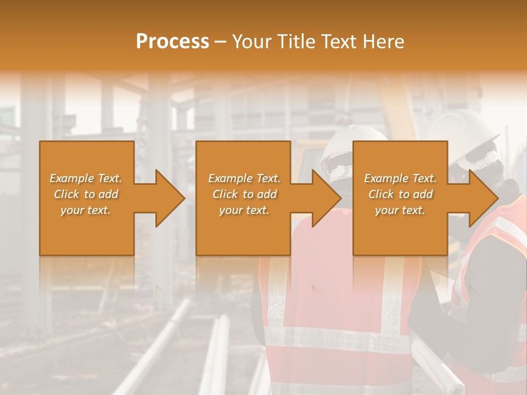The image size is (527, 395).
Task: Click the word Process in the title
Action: click(x=172, y=42)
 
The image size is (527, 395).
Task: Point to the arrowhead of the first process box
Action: click(x=170, y=198)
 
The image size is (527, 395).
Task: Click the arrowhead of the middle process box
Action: click(x=327, y=198)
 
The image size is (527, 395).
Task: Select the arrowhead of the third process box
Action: click(x=484, y=198)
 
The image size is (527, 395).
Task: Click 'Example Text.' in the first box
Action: click(x=86, y=178)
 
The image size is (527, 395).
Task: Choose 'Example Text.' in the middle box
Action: click(x=244, y=178)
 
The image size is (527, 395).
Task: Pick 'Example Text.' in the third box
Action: click(x=400, y=178)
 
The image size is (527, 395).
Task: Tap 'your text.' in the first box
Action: click(x=86, y=210)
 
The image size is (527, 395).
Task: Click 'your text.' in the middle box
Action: click(x=244, y=210)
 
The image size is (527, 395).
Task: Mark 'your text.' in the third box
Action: click(x=400, y=210)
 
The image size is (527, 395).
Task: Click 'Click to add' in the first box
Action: click(x=86, y=194)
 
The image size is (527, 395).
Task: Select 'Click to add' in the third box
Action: click(x=400, y=194)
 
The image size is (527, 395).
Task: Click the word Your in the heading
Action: click(x=252, y=42)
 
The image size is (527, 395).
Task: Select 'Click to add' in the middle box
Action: click(x=244, y=194)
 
